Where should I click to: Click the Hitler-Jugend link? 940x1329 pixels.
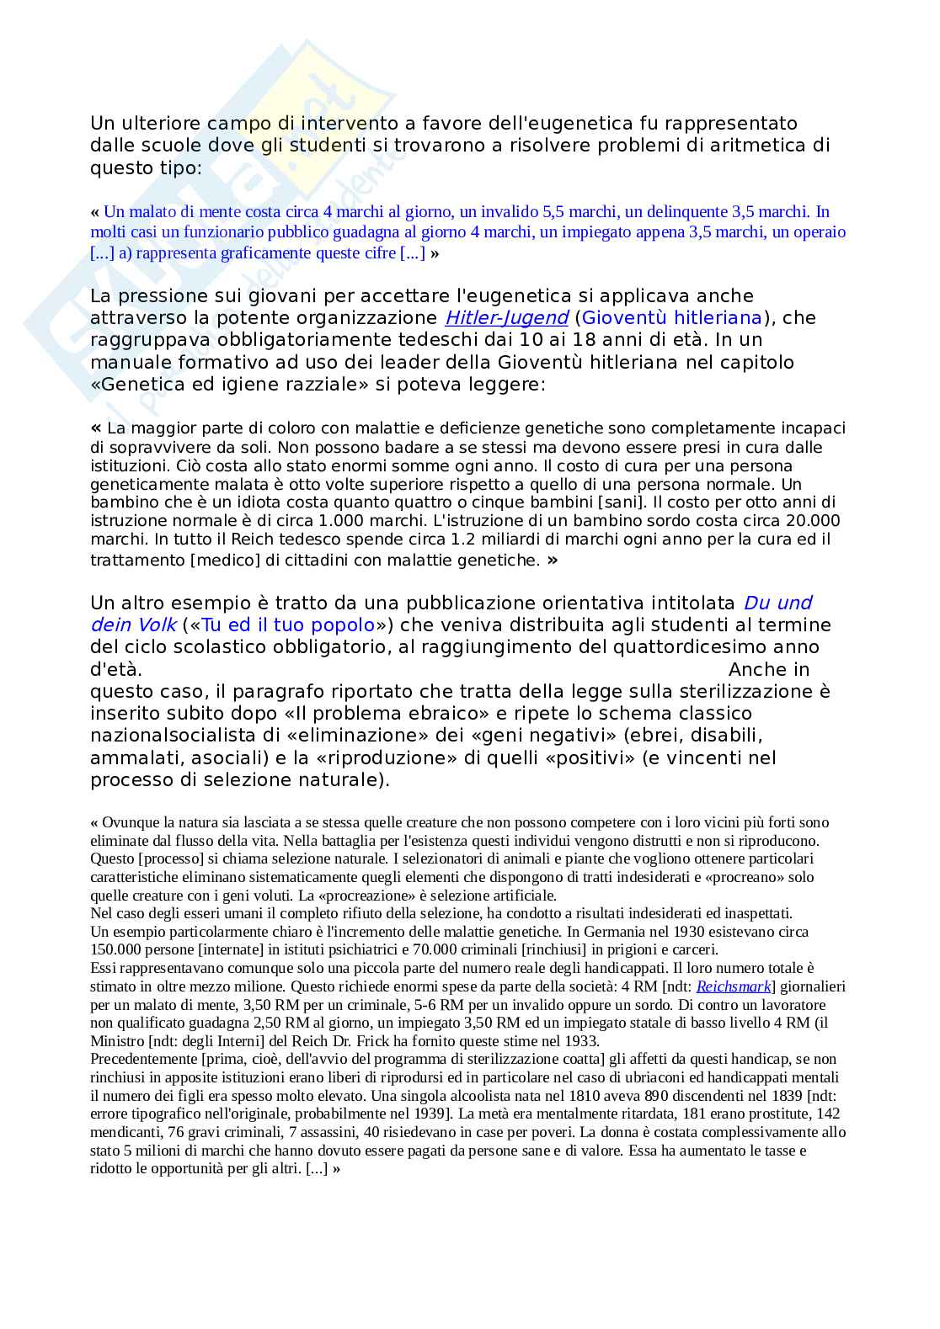point(506,318)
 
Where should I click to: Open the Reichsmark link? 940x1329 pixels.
point(734,986)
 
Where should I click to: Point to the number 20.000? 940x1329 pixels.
point(813,521)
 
